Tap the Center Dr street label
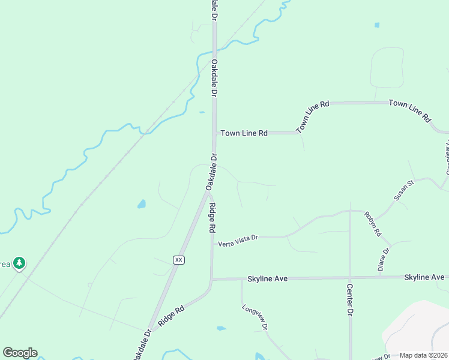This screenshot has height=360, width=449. click(x=349, y=300)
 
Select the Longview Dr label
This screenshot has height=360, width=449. click(x=255, y=317)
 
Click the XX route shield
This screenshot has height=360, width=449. click(x=178, y=260)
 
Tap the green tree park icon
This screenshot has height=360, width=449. click(x=20, y=263)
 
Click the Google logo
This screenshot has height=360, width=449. click(x=20, y=353)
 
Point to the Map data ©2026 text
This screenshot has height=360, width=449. click(x=423, y=355)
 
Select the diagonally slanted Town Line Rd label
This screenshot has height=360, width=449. click(x=313, y=116)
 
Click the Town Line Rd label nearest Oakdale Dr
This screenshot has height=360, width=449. click(x=244, y=133)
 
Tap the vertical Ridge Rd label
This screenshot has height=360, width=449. click(x=212, y=217)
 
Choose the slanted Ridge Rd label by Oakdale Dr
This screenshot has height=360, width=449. click(x=171, y=316)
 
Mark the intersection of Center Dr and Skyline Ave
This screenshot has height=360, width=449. click(x=349, y=278)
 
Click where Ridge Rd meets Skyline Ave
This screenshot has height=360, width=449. click(x=212, y=279)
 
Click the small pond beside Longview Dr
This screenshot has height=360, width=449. click(x=221, y=328)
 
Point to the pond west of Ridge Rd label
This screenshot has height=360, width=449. click(x=141, y=204)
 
